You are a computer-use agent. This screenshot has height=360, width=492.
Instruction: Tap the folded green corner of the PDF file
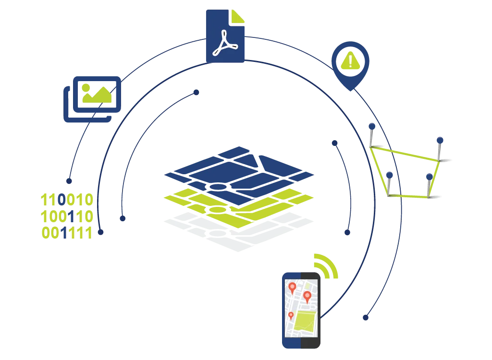[238, 16]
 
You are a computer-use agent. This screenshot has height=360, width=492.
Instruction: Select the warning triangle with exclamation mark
[350, 60]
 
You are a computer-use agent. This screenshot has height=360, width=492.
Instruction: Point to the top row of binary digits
[67, 199]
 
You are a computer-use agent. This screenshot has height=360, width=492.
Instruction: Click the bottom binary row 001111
[67, 234]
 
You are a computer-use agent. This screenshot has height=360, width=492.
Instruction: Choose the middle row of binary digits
[67, 216]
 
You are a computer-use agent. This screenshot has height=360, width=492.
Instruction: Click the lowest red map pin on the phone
[291, 316]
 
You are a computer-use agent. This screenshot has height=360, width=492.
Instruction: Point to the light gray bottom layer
[240, 238]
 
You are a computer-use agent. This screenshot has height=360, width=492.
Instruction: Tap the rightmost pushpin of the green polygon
[439, 140]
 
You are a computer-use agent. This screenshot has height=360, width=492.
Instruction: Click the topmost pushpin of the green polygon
[372, 126]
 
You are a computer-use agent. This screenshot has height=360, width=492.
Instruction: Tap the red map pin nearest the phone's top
[292, 287]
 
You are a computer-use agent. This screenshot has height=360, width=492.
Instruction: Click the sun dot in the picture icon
[86, 88]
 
